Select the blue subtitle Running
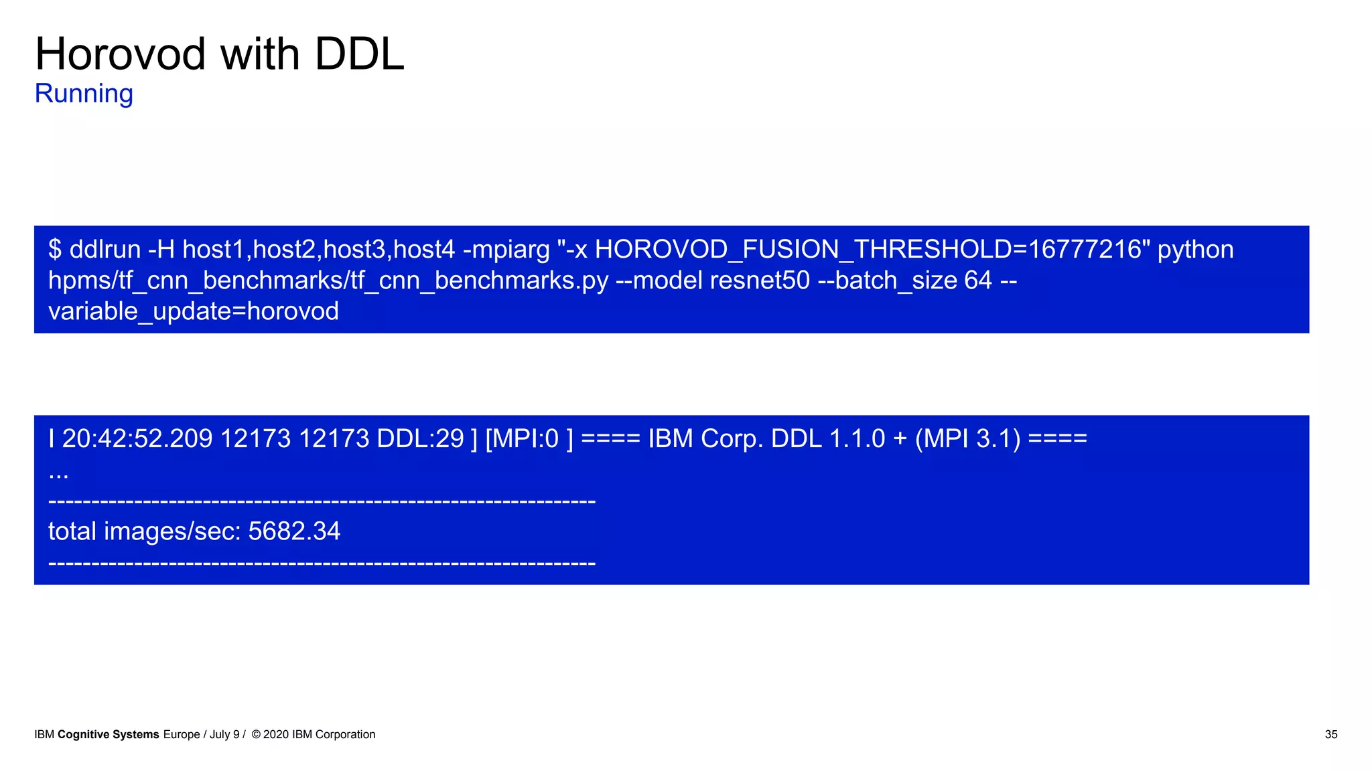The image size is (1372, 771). click(x=84, y=94)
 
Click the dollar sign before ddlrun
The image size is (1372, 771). click(x=55, y=250)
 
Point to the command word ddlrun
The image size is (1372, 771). click(x=105, y=250)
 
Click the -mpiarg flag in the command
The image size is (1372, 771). click(x=506, y=250)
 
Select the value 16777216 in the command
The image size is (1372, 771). click(x=1085, y=250)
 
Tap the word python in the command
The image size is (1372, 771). click(x=1195, y=250)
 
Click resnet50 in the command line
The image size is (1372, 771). click(x=760, y=280)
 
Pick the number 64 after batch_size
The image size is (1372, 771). click(x=977, y=280)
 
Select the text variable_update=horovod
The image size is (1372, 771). click(x=194, y=311)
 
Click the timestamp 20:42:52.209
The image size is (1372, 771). click(x=137, y=439)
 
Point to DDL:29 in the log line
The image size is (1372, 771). click(x=420, y=439)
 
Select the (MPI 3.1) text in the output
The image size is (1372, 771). click(x=967, y=439)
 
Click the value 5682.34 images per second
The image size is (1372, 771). click(x=294, y=531)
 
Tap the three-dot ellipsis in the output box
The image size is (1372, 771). click(x=58, y=474)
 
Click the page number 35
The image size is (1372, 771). click(x=1330, y=735)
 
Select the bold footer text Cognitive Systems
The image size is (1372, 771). click(x=109, y=735)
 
